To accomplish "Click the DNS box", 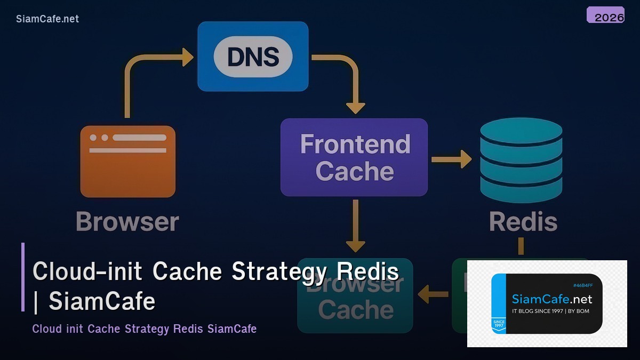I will [x=253, y=56].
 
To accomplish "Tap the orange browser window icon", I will [x=128, y=161].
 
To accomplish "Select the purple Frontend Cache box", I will [x=354, y=157].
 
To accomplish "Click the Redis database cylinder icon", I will [x=521, y=160].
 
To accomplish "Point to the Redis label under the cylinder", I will [x=523, y=222].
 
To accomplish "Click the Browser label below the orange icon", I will [x=127, y=222].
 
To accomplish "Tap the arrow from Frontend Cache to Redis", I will [x=451, y=159].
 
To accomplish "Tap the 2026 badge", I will [x=605, y=15].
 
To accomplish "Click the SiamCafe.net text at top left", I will [x=47, y=19].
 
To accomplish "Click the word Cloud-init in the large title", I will [x=87, y=271].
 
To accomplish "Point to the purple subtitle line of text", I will [x=144, y=329].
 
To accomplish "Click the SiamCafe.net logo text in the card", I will [x=552, y=299].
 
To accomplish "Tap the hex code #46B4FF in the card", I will [x=582, y=285].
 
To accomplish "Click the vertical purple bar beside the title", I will [x=23, y=277].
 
